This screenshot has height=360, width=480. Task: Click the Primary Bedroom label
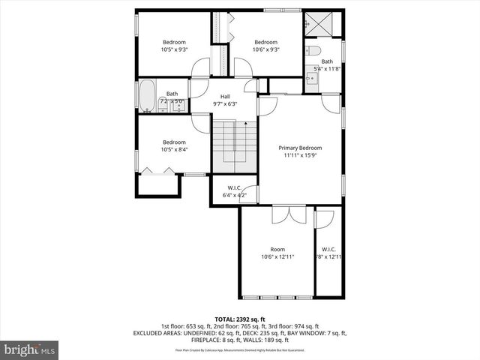[x=299, y=148]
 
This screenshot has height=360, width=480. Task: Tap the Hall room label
[x=225, y=96]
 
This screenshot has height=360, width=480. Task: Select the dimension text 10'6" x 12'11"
[x=277, y=257]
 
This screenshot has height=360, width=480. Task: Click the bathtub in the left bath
[x=147, y=97]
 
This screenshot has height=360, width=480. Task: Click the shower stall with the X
[x=323, y=25]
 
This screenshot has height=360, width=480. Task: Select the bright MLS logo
[x=30, y=349]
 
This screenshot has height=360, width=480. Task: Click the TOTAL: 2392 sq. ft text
[x=240, y=319]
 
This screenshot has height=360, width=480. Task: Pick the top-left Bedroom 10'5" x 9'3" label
[x=174, y=42]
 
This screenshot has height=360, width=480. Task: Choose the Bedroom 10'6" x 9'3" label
[x=265, y=42]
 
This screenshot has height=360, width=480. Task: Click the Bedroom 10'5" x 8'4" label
[x=174, y=142]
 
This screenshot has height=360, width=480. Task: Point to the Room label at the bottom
[x=277, y=249]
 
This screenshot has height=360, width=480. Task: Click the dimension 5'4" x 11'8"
[x=327, y=69]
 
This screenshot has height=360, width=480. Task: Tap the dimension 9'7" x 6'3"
[x=225, y=103]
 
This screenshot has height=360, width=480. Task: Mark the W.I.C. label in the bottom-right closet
[x=328, y=249]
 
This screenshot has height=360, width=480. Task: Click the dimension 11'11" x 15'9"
[x=299, y=156]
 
